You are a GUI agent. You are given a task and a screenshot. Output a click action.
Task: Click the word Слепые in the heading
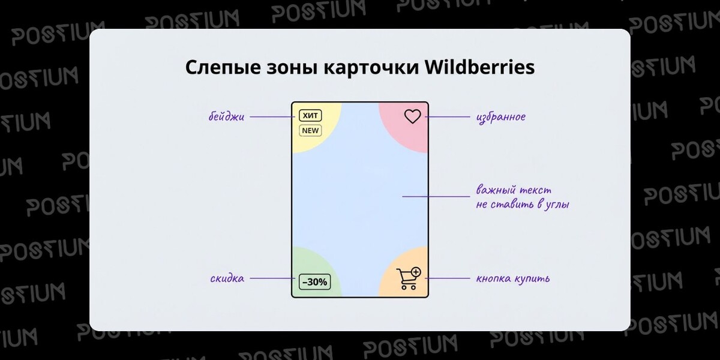coord(220,68)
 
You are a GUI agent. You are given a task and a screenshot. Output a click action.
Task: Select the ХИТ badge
coord(311,115)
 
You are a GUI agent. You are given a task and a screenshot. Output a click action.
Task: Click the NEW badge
coord(311,130)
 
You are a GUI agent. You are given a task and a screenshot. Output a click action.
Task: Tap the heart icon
coord(412,116)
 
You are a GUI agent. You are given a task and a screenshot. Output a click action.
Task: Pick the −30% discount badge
coord(314,281)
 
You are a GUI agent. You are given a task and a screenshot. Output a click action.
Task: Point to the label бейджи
coord(226,117)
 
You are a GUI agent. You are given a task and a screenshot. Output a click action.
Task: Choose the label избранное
coord(500,117)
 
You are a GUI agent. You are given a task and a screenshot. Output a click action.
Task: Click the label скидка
coord(227,278)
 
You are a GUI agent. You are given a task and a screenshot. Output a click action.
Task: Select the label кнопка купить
coord(512,279)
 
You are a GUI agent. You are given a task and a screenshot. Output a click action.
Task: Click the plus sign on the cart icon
coord(416,272)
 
